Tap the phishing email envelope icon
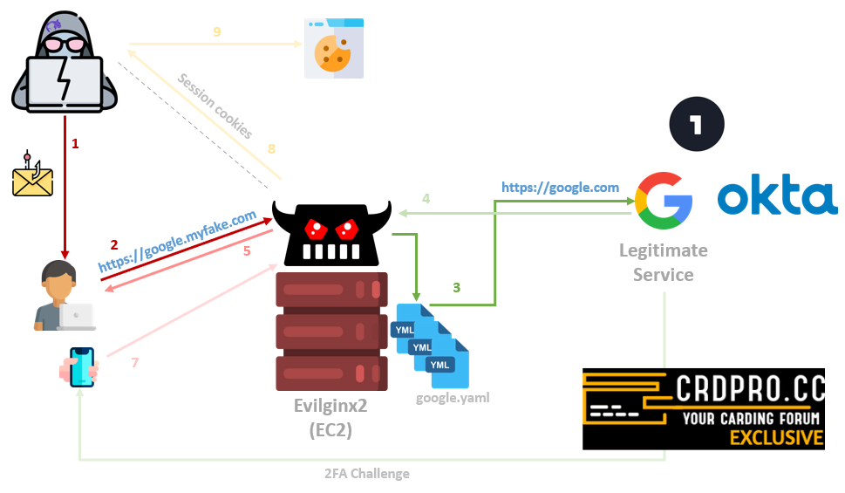click(x=33, y=177)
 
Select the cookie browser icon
click(x=333, y=48)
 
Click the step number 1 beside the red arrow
click(x=75, y=143)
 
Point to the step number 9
click(x=217, y=31)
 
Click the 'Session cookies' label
click(x=215, y=106)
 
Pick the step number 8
click(x=271, y=149)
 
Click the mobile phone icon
click(x=81, y=367)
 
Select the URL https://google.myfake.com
click(x=177, y=240)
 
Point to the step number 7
click(x=135, y=361)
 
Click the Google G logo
click(x=664, y=200)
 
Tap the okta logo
click(x=777, y=199)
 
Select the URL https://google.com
click(x=560, y=188)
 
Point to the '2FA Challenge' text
click(x=368, y=474)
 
